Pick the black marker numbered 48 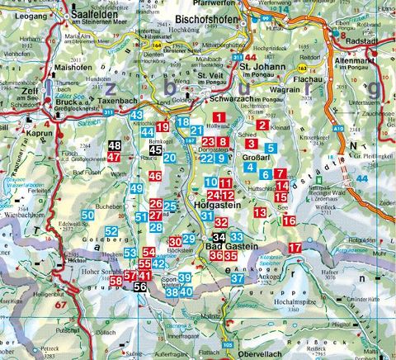pyautogui.click(x=115, y=146)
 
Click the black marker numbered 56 pyautogui.click(x=141, y=286)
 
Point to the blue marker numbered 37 pyautogui.click(x=237, y=279)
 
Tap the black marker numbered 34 pyautogui.click(x=218, y=238)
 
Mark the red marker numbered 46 pyautogui.click(x=155, y=176)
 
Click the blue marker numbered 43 pyautogui.click(x=136, y=115)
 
